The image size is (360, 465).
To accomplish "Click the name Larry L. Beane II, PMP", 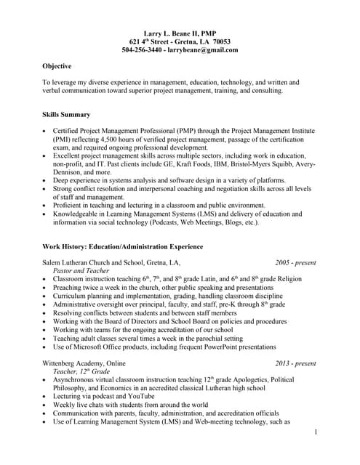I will pyautogui.click(x=180, y=33).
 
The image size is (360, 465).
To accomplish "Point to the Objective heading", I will pyautogui.click(x=57, y=66).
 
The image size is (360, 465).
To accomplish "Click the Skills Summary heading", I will pyautogui.click(x=66, y=115).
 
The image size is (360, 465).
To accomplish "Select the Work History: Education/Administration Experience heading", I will pyautogui.click(x=122, y=247).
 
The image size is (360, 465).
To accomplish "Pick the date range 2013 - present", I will pyautogui.click(x=295, y=363).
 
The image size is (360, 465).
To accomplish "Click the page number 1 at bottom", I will pyautogui.click(x=316, y=433).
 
